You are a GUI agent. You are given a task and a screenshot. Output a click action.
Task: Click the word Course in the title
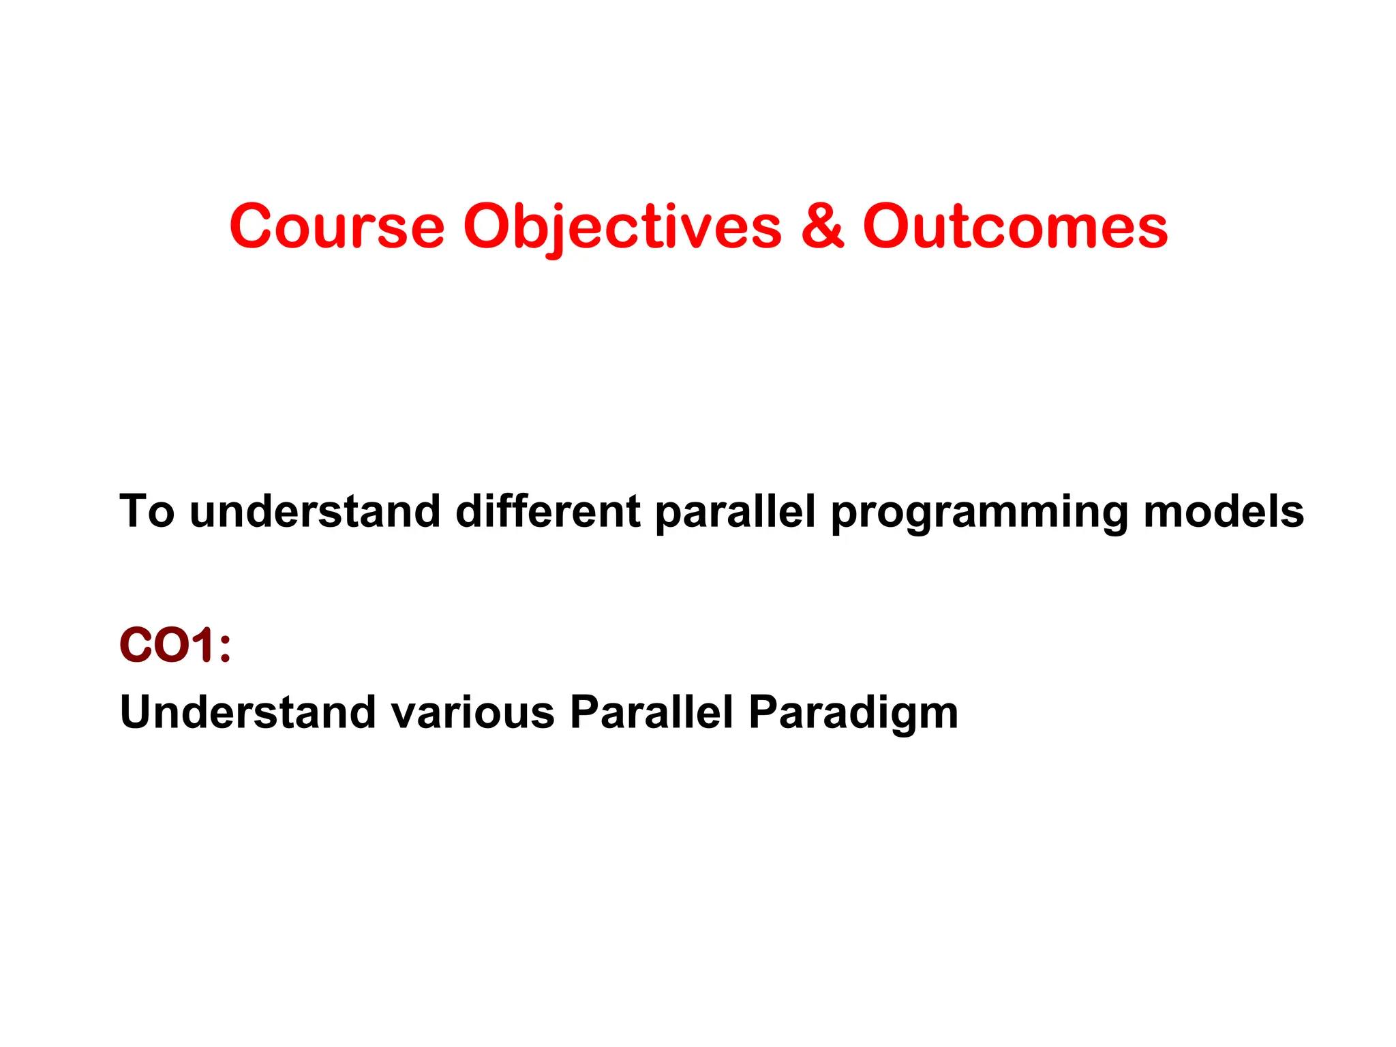click(x=337, y=226)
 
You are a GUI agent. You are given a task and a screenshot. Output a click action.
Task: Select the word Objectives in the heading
click(x=622, y=226)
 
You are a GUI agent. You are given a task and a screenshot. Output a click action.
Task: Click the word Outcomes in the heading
click(x=1015, y=226)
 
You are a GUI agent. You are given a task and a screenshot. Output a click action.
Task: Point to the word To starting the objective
click(x=147, y=511)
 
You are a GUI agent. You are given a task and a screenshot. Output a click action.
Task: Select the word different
click(x=547, y=511)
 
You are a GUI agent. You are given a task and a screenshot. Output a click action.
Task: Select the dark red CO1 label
click(x=164, y=645)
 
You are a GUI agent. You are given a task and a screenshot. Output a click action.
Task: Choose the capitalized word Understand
click(x=247, y=712)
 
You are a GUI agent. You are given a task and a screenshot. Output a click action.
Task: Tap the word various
click(x=472, y=712)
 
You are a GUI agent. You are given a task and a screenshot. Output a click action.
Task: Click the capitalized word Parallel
click(x=651, y=712)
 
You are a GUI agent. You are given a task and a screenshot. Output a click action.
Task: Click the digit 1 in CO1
click(x=202, y=645)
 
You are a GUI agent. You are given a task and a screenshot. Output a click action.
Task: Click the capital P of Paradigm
click(x=763, y=712)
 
